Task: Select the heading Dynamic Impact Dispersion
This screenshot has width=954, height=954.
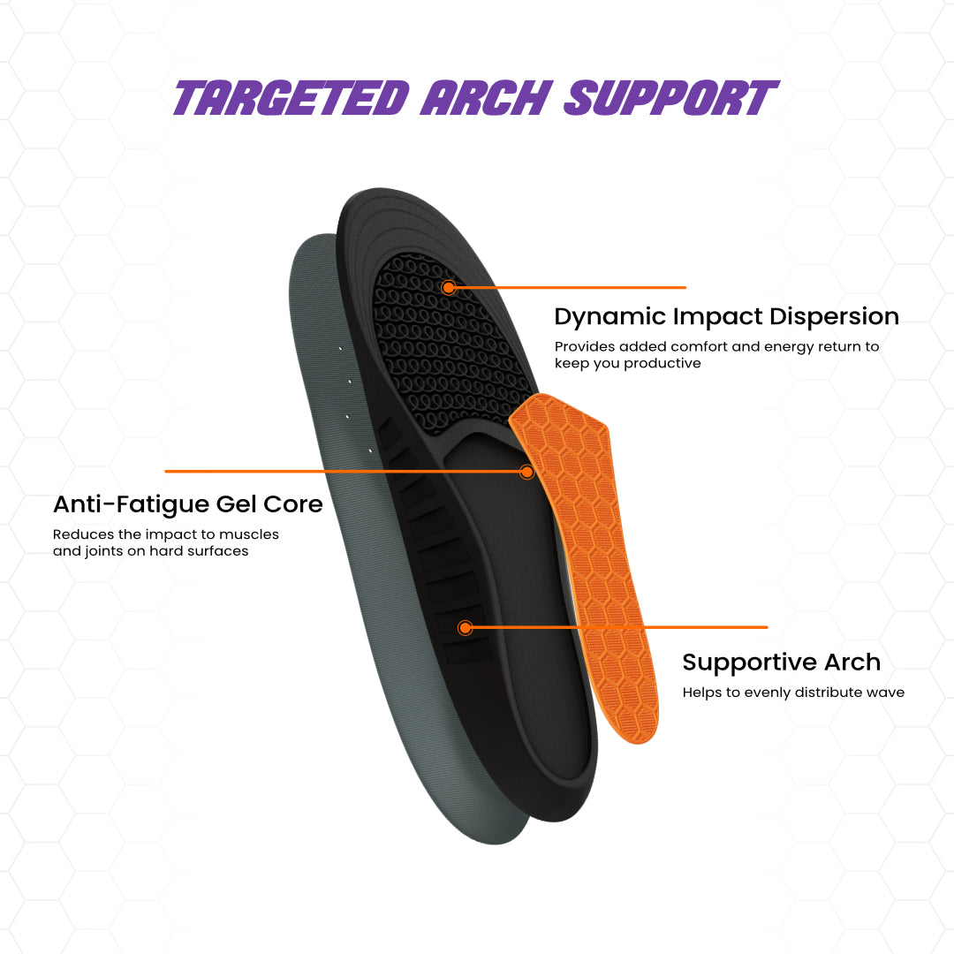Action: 726,316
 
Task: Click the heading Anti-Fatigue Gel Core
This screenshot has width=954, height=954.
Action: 187,504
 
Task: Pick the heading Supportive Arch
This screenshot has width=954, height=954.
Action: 781,662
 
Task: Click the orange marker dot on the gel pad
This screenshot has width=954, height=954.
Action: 449,287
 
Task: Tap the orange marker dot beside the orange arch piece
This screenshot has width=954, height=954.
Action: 526,472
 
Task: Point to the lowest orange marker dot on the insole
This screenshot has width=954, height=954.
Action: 466,628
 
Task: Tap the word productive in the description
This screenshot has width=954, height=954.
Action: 662,363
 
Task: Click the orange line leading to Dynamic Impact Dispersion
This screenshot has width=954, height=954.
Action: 574,287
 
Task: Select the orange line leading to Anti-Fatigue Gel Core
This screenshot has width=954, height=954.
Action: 344,472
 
